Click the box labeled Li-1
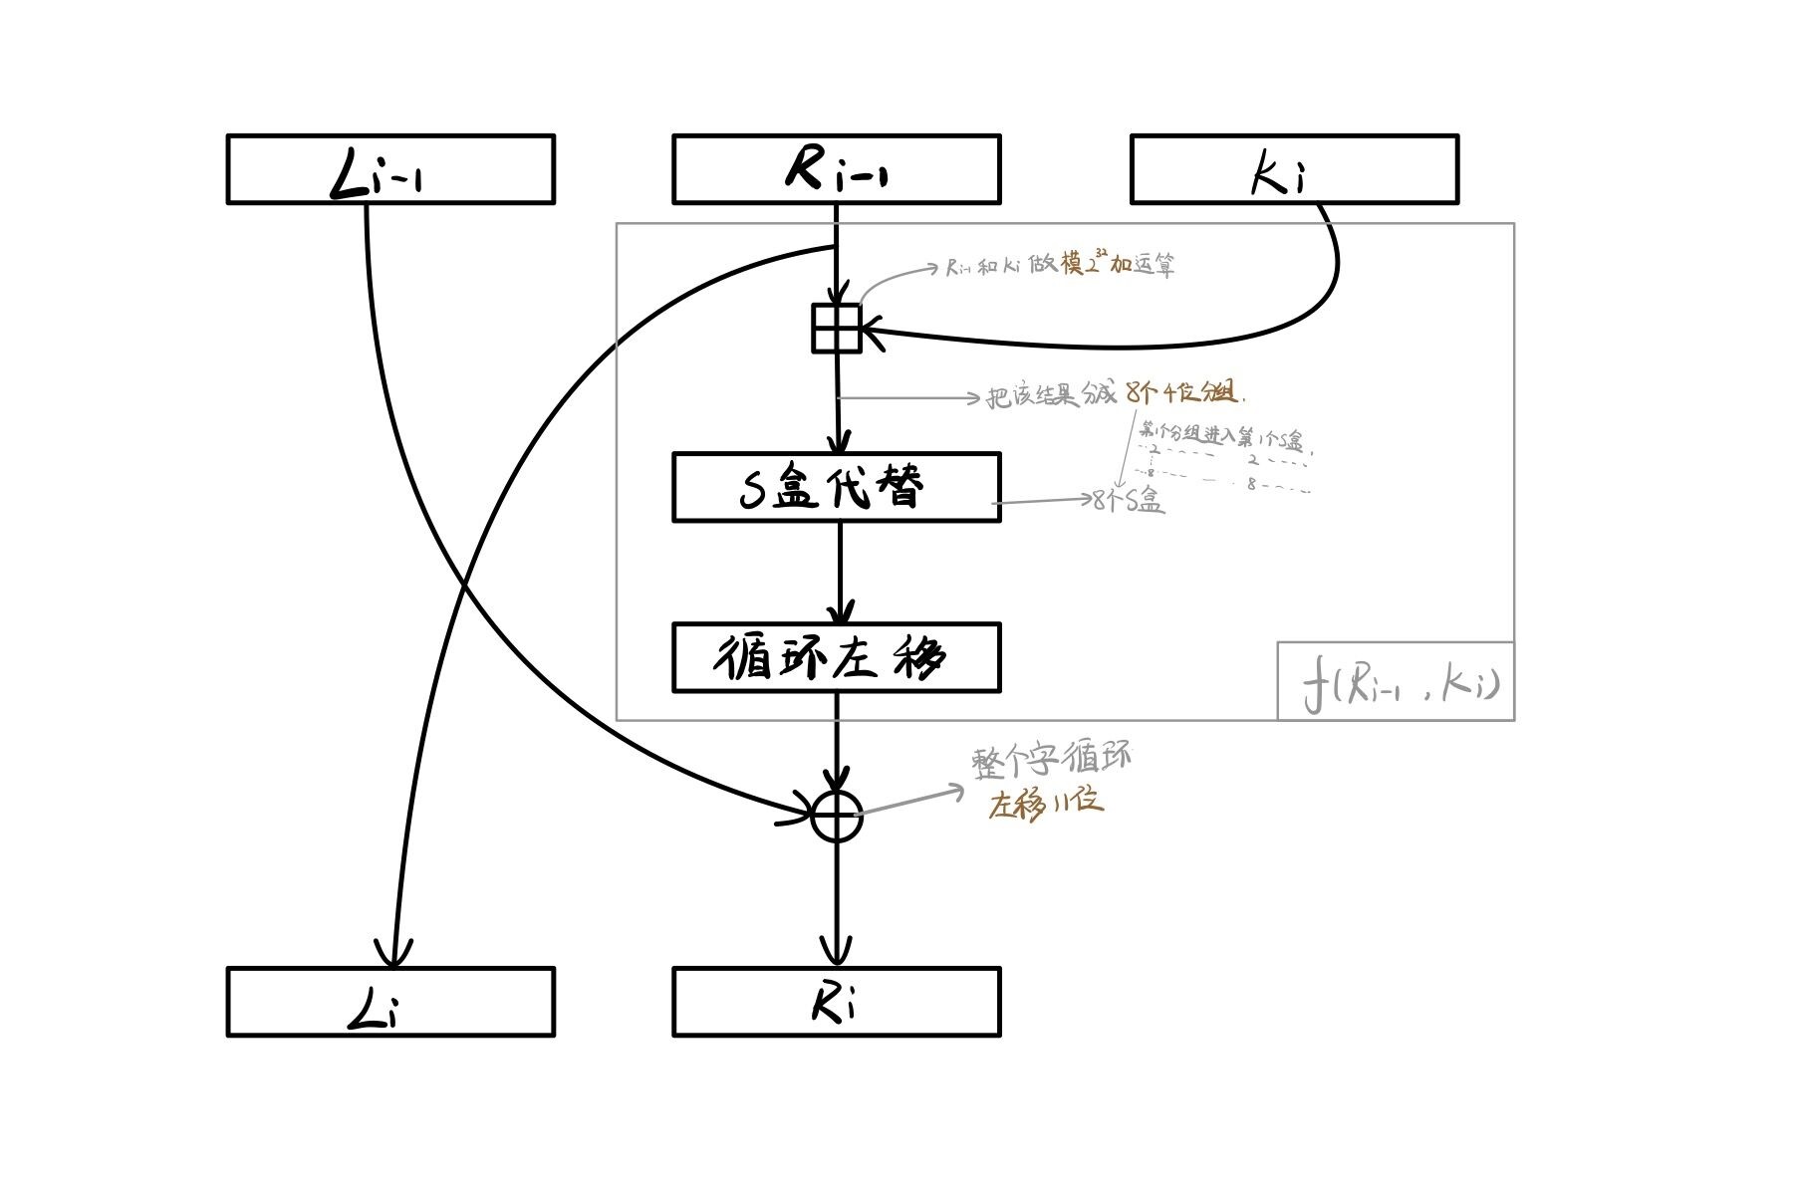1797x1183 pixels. (x=390, y=169)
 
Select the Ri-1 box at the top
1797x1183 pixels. (x=836, y=169)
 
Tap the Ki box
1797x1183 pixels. (x=1294, y=169)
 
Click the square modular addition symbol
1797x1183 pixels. (x=836, y=329)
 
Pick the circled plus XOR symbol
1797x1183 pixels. (x=836, y=817)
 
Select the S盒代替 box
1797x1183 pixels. (x=836, y=487)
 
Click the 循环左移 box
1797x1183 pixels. (x=836, y=657)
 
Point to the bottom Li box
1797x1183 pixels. (x=390, y=1002)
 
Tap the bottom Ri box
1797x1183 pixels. (x=836, y=1002)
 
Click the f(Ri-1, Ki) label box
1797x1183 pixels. (x=1396, y=682)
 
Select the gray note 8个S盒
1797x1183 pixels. (x=1128, y=501)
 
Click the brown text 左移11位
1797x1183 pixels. (x=1045, y=804)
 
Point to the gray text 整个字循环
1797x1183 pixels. (x=1051, y=760)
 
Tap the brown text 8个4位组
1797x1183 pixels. (x=1182, y=392)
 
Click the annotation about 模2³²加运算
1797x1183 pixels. (x=1061, y=265)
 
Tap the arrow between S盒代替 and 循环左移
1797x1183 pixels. (x=840, y=573)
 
